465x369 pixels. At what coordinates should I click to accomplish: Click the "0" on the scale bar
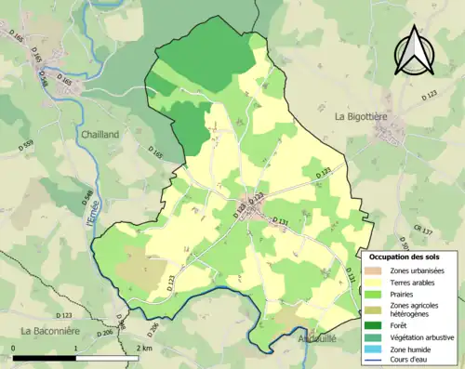click(13, 348)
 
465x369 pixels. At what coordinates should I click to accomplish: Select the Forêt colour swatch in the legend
click(377, 325)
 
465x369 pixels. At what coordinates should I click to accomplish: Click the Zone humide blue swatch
click(377, 350)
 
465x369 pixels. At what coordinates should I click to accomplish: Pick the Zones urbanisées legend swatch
click(377, 270)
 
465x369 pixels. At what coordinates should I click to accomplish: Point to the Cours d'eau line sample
click(377, 362)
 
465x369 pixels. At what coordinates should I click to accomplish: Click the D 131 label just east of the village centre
click(280, 220)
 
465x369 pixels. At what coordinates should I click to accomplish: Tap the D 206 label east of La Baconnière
click(105, 333)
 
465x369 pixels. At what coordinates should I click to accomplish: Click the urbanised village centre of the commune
click(253, 218)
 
